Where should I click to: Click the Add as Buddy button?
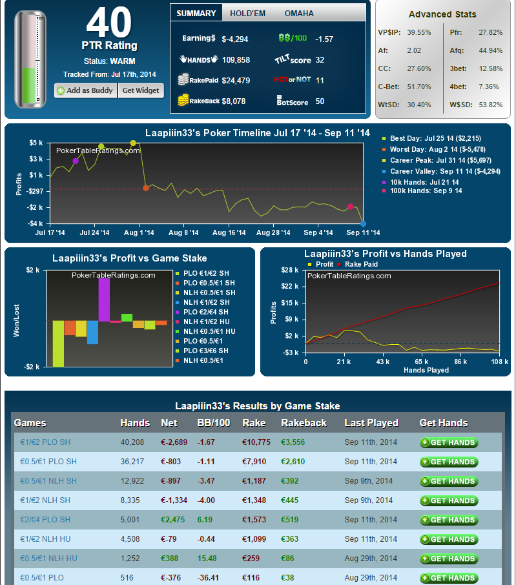(86, 90)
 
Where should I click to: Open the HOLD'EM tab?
(248, 14)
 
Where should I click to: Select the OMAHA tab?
(299, 14)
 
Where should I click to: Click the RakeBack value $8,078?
(234, 101)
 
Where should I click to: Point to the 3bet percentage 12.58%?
(491, 68)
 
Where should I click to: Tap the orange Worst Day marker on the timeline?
(146, 188)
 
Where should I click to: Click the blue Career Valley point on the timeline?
(363, 224)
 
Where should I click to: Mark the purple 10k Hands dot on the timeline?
(76, 161)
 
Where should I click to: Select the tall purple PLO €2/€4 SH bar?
(104, 300)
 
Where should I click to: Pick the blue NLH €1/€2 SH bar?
(92, 333)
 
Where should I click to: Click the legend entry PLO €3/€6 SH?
(206, 351)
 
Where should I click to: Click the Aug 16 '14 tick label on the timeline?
(229, 232)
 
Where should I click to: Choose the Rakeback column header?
(304, 423)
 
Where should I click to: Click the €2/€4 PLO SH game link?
(45, 520)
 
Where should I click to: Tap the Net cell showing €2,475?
(172, 520)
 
